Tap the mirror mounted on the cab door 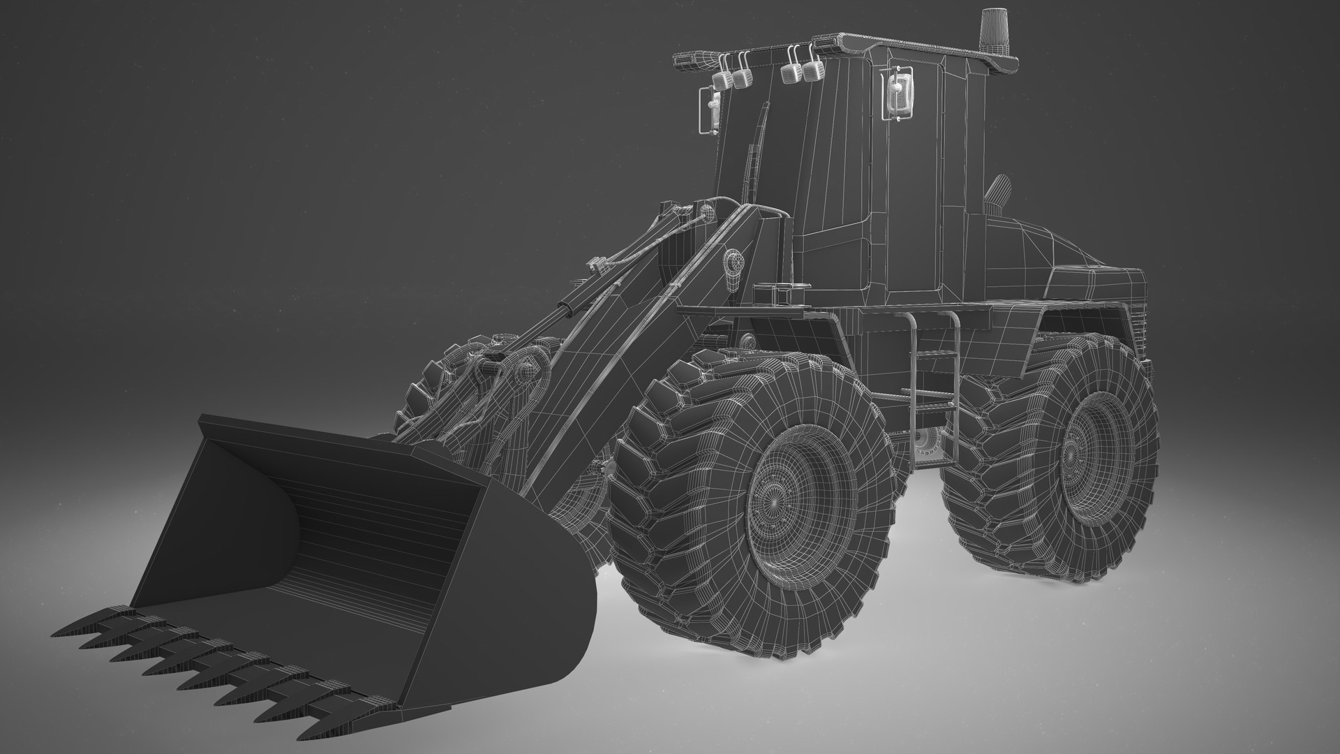pos(896,91)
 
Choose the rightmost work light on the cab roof pos(810,72)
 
